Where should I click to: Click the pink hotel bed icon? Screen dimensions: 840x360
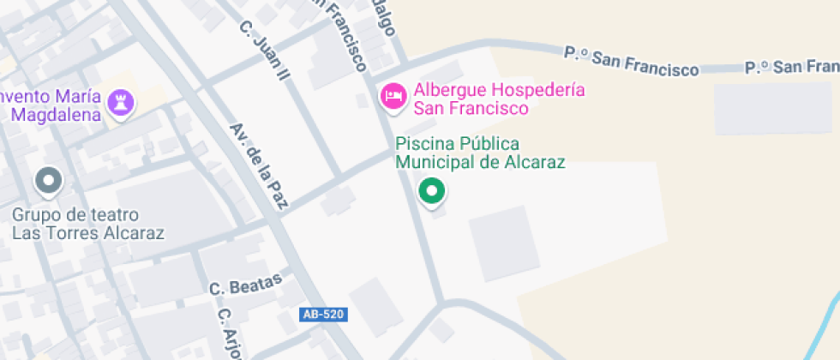pos(394,96)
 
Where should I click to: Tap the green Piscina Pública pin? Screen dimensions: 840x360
pos(432,191)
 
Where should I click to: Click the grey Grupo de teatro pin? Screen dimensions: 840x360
pos(49,181)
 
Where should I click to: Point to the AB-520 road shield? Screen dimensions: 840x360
pos(324,315)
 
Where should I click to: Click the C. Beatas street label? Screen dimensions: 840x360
pos(245,285)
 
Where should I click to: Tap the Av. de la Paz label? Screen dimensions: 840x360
pos(261,166)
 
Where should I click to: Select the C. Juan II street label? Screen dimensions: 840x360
pos(265,51)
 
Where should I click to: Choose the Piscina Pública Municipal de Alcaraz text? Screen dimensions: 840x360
pos(480,153)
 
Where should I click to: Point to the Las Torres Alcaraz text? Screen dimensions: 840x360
pos(87,232)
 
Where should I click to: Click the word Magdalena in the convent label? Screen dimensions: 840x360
pos(57,115)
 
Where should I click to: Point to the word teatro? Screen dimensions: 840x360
pos(114,214)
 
